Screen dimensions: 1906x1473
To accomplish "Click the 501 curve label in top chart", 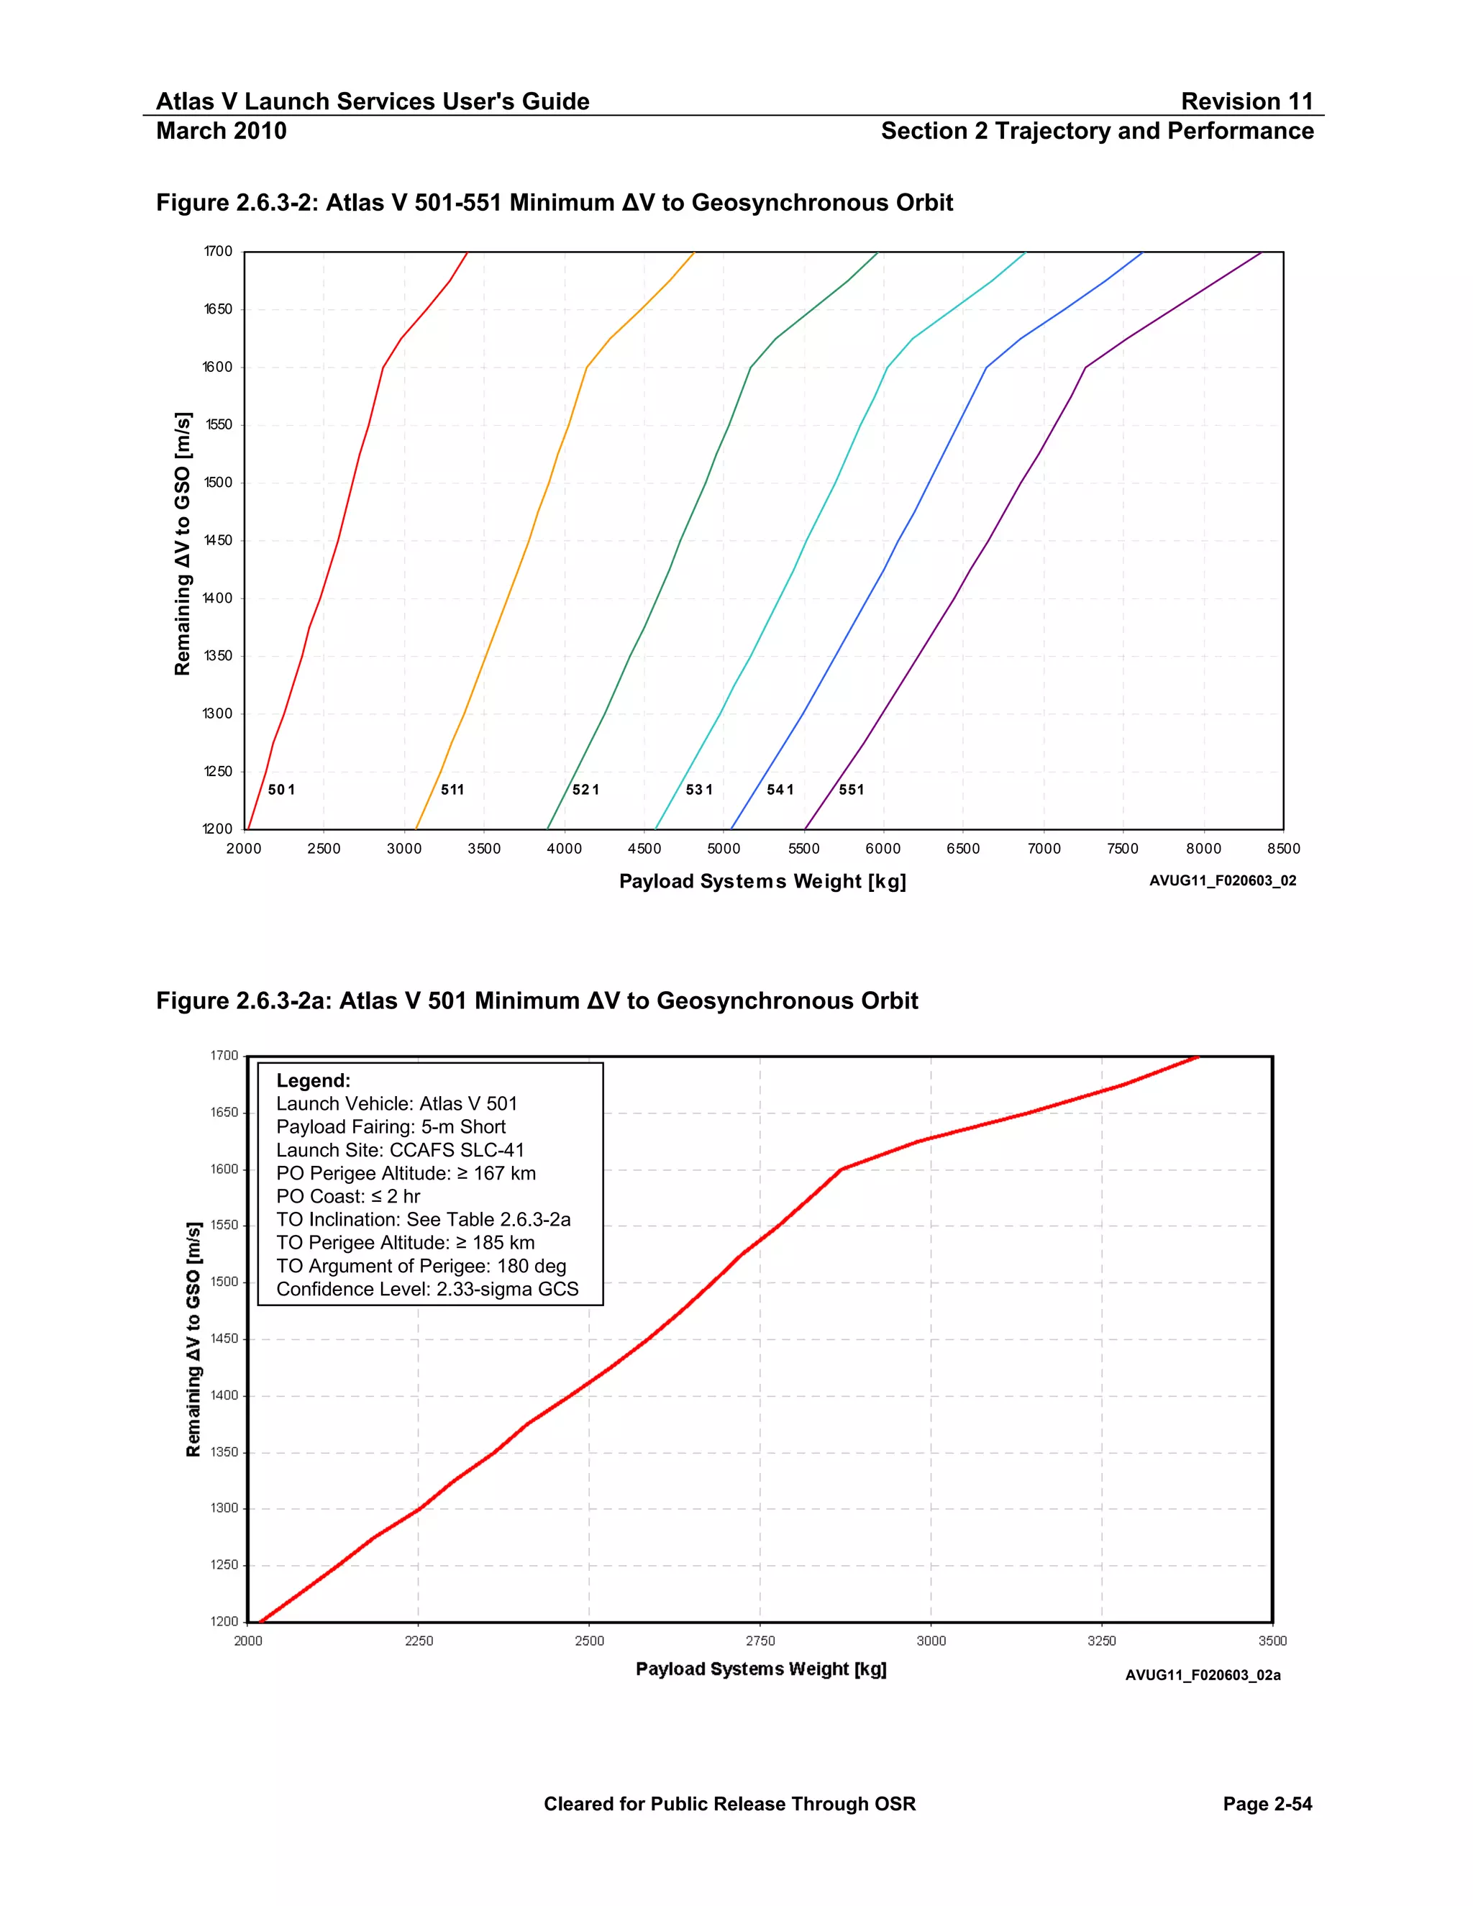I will [281, 790].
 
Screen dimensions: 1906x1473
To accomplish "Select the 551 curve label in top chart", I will [852, 790].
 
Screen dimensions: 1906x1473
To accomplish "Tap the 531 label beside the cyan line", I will [699, 790].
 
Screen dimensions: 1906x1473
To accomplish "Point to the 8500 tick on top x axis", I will [1284, 848].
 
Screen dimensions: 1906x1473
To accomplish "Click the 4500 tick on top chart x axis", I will [644, 848].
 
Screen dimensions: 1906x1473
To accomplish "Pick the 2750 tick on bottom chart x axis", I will [760, 1641].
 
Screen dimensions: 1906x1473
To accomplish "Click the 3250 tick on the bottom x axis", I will [1101, 1641].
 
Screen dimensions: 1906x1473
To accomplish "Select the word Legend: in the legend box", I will [314, 1080].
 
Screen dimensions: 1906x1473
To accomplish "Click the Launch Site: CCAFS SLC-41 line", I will [401, 1150].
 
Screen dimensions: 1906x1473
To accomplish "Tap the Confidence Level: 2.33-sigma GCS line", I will [428, 1289].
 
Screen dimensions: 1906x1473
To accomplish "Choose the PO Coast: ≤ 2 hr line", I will [348, 1197].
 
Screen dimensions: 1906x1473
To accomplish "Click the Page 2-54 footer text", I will [1267, 1804].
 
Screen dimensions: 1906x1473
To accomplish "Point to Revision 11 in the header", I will [1247, 101].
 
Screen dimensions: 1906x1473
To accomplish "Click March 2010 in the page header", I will [221, 131].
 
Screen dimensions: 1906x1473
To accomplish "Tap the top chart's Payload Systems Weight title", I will [762, 882].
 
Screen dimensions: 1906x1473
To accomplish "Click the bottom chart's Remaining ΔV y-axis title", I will [193, 1340].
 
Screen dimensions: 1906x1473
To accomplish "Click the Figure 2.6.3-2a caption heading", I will [537, 1000].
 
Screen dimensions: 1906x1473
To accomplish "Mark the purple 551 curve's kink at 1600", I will [1085, 368].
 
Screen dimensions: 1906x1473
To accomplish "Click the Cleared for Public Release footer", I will [729, 1804].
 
